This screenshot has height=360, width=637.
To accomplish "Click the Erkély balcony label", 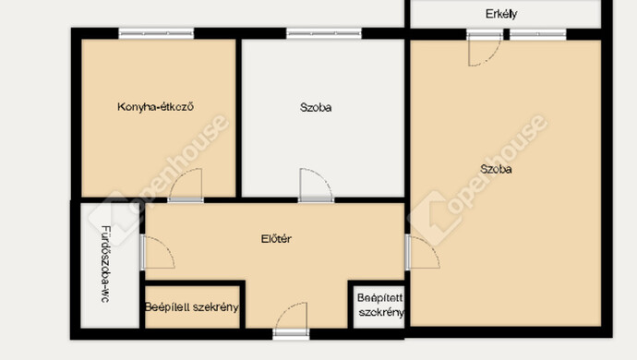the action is pos(501,14).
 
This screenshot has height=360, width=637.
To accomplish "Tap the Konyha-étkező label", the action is pos(155,107).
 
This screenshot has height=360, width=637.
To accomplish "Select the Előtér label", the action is pos(276,238).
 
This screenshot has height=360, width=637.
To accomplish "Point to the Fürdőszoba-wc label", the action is pos(105,264).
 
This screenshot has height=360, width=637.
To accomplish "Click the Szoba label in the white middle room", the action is pos(316,107).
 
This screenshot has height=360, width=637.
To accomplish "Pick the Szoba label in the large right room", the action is pos(496,169).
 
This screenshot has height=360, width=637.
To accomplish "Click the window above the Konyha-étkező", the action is pos(156,33).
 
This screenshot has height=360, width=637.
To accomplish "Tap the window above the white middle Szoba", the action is pos(324,33).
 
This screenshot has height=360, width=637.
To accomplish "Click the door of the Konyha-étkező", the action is pos(186,186).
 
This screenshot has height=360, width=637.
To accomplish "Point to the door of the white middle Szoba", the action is pos(316,186).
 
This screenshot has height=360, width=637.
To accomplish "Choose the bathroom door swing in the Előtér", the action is pos(158,253).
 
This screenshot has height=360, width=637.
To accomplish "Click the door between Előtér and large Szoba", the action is pos(423,253).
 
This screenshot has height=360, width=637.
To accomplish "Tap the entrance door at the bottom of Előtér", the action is pos(292,320).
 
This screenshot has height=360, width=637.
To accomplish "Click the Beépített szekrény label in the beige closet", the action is pos(192,307).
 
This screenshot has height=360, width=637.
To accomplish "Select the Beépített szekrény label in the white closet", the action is pos(380,306).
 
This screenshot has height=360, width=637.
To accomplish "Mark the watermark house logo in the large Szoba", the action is pos(431,217).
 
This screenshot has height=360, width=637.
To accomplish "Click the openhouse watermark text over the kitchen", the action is pos(179,163).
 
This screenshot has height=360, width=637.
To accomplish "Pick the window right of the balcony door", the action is pos(538,34).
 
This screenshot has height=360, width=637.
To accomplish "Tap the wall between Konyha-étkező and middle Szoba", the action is pos(239,118).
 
